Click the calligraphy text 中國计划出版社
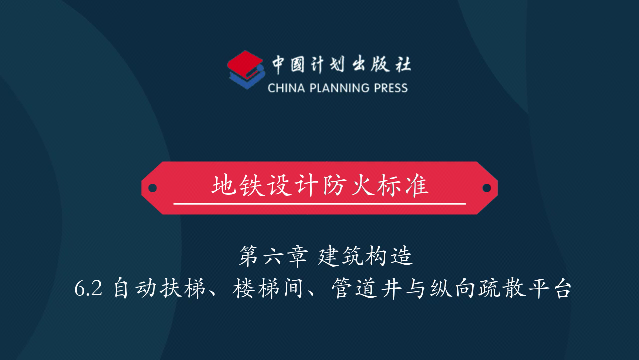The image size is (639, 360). (341, 65)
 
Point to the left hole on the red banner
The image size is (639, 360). (153, 188)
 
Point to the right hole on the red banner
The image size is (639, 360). (487, 188)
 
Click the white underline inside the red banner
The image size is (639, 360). (319, 204)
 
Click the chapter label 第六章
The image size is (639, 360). (273, 256)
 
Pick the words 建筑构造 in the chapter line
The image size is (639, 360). (365, 256)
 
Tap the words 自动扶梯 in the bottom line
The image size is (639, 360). (159, 289)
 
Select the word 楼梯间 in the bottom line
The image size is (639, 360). (267, 289)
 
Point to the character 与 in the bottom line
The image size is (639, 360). (416, 289)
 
